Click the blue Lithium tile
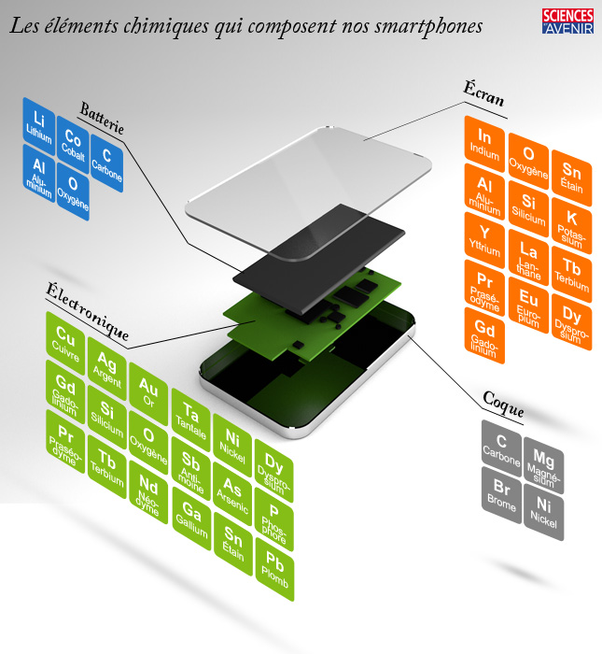pos(38,124)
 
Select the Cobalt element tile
pos(73,143)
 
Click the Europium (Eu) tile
pos(528,306)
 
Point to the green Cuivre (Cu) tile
pos(64,339)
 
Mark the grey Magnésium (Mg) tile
pos(543,463)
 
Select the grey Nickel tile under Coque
pos(543,513)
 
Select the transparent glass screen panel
pos(308,187)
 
